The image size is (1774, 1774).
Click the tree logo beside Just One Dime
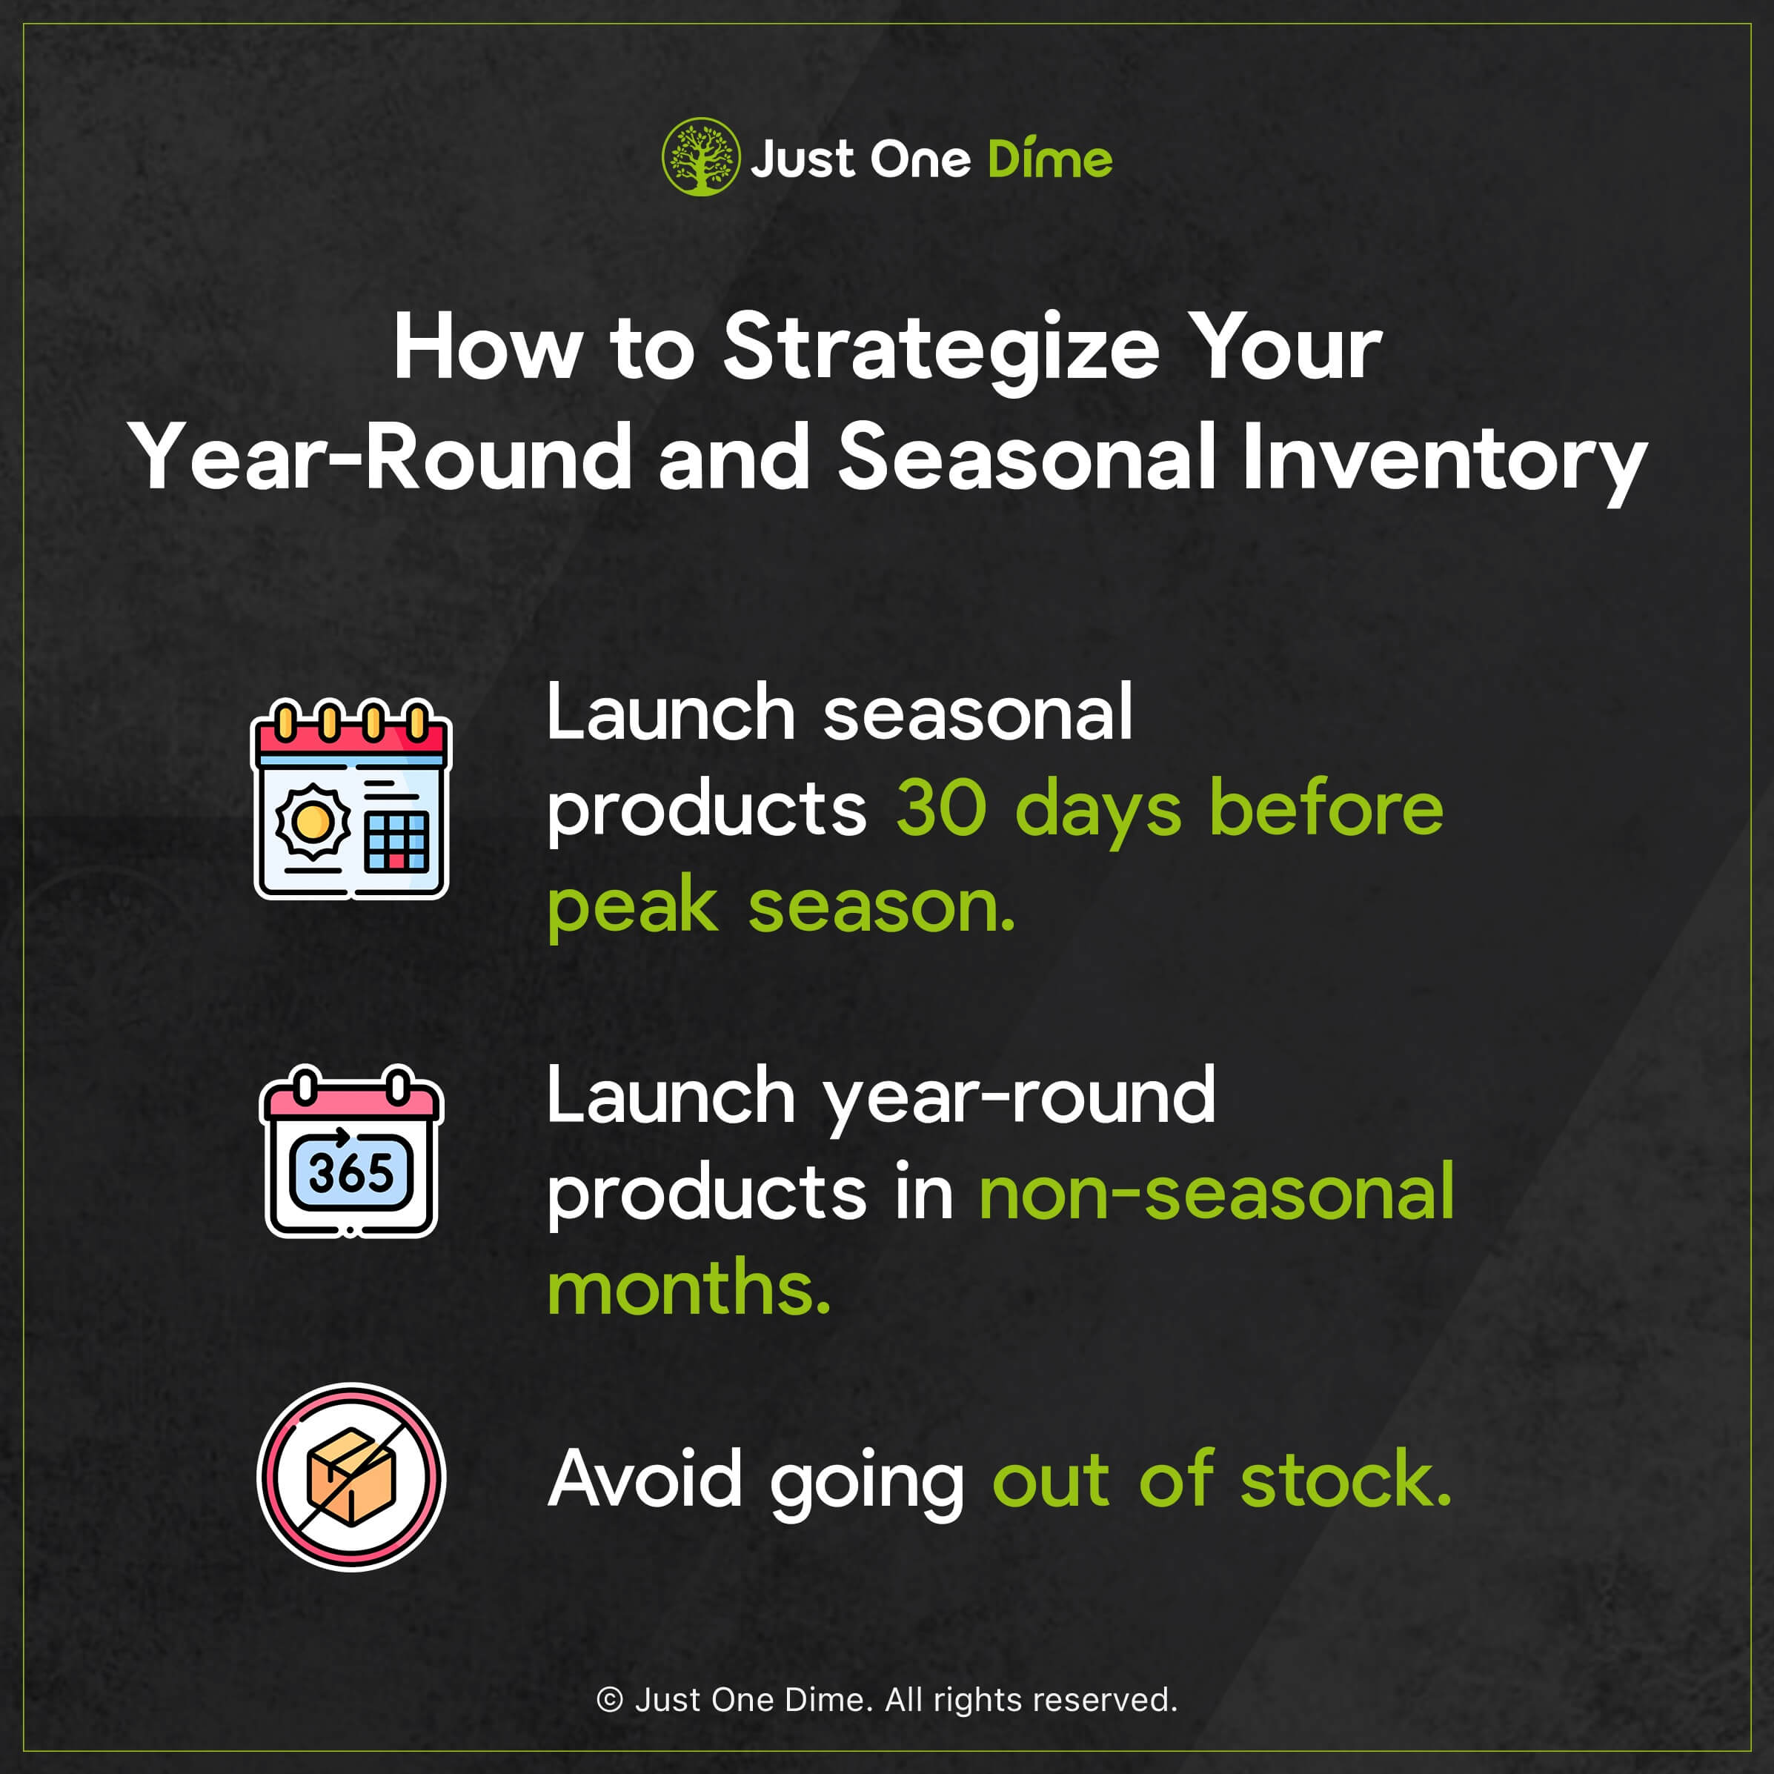[700, 157]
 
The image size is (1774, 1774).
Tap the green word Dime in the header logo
[1049, 159]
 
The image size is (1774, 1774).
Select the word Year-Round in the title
[379, 457]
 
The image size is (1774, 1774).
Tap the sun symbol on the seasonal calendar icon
[312, 820]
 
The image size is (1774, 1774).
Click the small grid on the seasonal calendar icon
[396, 840]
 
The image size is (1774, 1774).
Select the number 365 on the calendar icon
[351, 1174]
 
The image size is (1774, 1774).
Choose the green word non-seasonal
[1217, 1192]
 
